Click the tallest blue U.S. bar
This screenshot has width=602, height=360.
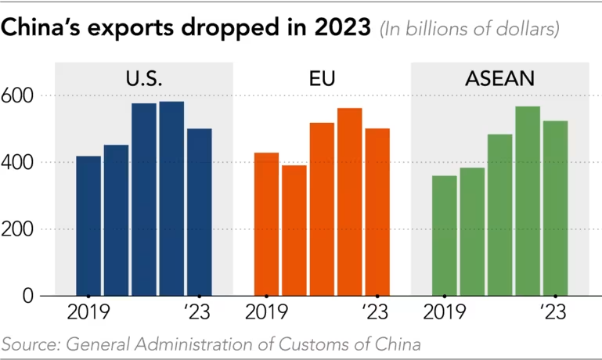click(x=171, y=199)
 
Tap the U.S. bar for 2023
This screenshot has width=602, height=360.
click(x=199, y=212)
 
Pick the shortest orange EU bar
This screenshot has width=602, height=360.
click(x=294, y=230)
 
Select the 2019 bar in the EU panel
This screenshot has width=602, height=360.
click(x=266, y=224)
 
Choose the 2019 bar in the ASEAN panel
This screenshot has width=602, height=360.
click(x=445, y=236)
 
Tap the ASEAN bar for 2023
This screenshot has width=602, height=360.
click(x=555, y=208)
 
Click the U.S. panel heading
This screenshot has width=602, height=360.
click(x=144, y=78)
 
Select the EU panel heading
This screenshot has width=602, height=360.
click(x=322, y=78)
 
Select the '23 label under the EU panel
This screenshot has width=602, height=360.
click(x=377, y=314)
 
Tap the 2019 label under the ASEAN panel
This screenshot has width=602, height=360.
click(x=445, y=314)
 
